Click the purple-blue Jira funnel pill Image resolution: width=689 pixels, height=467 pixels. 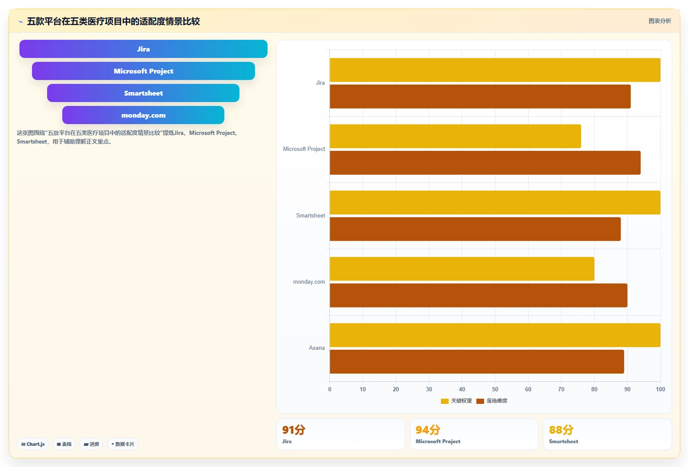pos(144,49)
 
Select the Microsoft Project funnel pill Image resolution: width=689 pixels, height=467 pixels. pos(144,71)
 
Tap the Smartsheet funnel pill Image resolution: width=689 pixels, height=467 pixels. pos(144,93)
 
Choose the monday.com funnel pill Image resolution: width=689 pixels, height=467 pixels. pos(144,115)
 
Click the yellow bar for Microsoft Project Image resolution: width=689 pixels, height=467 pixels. pos(455,136)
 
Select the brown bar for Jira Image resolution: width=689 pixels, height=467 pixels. pos(480,96)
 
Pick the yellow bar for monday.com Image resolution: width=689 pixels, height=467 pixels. pos(462,269)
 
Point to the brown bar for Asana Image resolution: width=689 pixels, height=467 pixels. pos(477,362)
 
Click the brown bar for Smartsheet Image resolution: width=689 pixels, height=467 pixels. pos(475,229)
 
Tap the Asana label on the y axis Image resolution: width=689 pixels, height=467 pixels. pos(317,348)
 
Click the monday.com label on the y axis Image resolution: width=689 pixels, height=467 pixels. pos(309,282)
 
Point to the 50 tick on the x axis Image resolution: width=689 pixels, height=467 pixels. pos(495,390)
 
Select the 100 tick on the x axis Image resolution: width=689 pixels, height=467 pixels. pos(660,390)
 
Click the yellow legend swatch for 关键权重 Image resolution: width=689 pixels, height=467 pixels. pos(445,401)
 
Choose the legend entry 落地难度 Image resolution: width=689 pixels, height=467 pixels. pos(492,401)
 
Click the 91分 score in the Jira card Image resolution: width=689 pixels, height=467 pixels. pos(294,430)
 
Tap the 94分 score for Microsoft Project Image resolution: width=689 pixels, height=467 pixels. pos(428,430)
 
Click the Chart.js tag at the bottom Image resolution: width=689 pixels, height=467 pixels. pos(33,444)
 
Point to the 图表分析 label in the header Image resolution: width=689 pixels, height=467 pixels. pos(660,21)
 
